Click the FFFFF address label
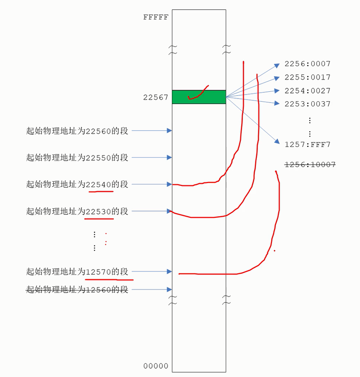[x=155, y=17]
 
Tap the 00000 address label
[x=155, y=366]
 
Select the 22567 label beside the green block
[x=155, y=97]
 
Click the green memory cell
[x=199, y=97]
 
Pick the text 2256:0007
[x=308, y=64]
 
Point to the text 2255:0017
[x=308, y=77]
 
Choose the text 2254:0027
[x=308, y=91]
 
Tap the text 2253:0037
[x=308, y=104]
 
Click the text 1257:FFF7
[x=308, y=145]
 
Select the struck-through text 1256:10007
[x=310, y=165]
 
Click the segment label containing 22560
[x=77, y=131]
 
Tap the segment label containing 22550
[x=77, y=158]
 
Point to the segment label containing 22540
[x=77, y=184]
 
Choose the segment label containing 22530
[x=77, y=211]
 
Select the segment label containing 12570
[x=77, y=271]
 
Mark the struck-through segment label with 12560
[x=77, y=290]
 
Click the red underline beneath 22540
[x=101, y=192]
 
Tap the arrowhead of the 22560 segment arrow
[x=170, y=130]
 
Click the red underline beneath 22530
[x=99, y=219]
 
